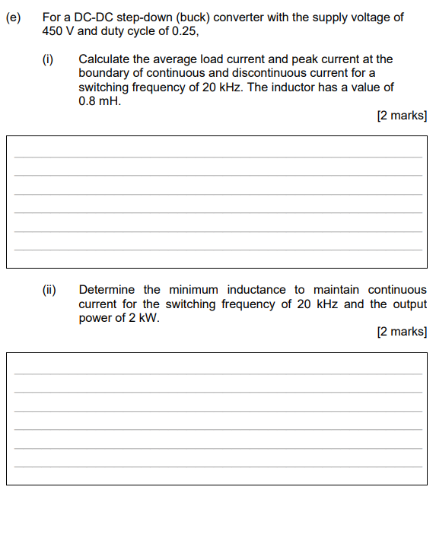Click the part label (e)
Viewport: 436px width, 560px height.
12,17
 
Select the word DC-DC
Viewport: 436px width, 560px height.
91,17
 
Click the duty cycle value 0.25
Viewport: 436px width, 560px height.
184,30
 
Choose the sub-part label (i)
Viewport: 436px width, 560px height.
48,59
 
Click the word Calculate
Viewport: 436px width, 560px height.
104,59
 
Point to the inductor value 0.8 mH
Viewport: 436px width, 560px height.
100,100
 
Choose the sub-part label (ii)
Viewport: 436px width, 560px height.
49,290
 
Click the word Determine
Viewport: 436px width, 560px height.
107,290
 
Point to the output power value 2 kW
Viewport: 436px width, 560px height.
143,318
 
